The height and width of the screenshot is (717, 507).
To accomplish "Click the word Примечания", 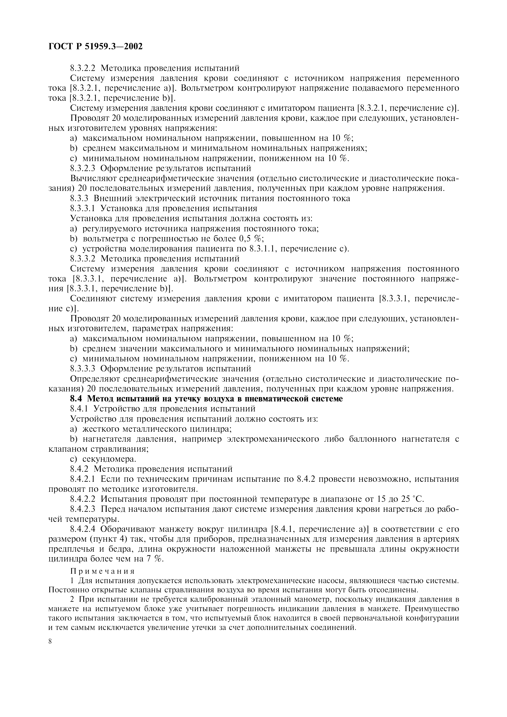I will tap(102, 571).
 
